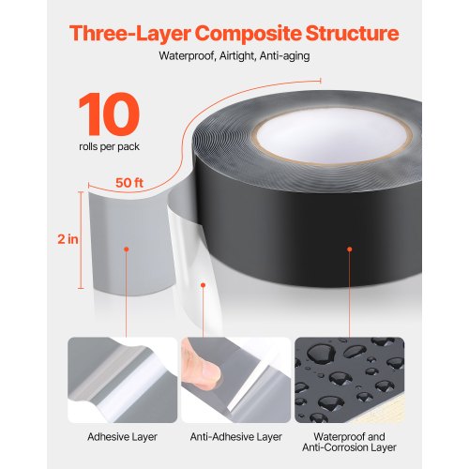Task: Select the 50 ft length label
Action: pos(128,181)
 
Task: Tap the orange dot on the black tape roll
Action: pos(350,250)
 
